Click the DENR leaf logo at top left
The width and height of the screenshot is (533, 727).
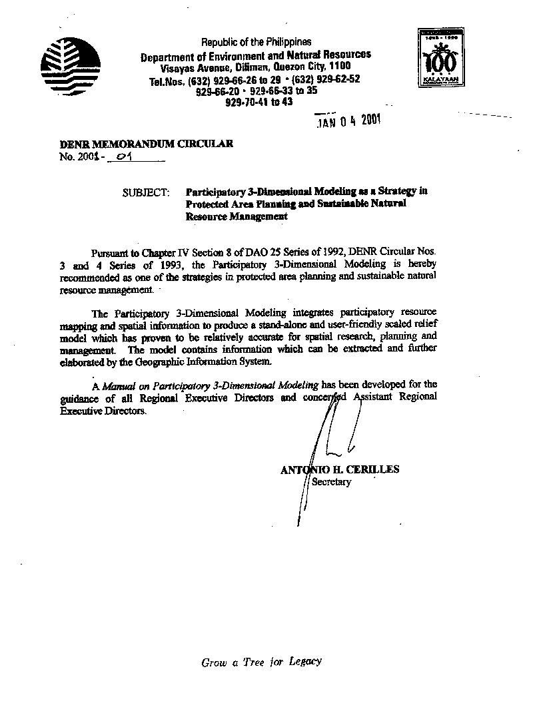[x=70, y=65]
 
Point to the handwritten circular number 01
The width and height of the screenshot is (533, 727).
[x=125, y=157]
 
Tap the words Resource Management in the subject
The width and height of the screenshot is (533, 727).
[x=237, y=216]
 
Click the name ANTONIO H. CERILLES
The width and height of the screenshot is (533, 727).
[x=340, y=469]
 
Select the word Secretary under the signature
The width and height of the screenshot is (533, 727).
[x=331, y=481]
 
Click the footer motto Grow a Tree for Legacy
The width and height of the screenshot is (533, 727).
[x=262, y=662]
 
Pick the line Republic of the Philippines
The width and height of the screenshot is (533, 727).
[x=257, y=42]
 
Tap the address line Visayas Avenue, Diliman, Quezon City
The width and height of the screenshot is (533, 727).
[x=255, y=67]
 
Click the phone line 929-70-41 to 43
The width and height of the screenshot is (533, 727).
[x=259, y=103]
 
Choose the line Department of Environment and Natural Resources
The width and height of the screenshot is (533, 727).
[x=256, y=56]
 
